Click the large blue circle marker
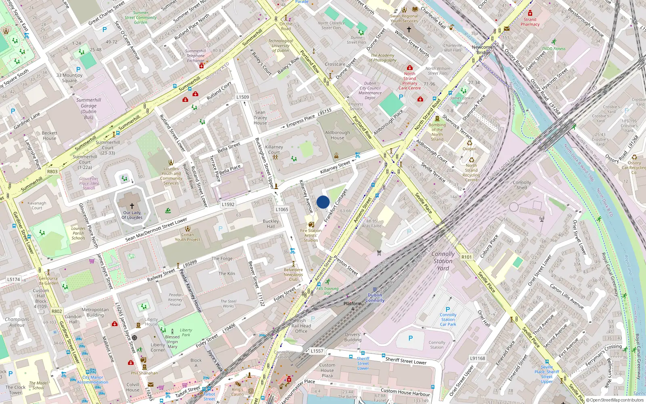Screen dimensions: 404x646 point(323,202)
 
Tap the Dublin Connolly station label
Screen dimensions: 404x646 point(375,298)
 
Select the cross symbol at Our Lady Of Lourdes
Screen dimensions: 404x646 point(132,206)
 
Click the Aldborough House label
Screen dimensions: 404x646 point(338,135)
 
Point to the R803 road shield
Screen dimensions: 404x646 point(52,171)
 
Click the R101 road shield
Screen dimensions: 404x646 point(466,257)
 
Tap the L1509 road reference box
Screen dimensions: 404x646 point(243,97)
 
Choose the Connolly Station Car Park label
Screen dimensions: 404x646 point(448,320)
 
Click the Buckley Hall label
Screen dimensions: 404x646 point(271,224)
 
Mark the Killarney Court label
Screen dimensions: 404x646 point(274,149)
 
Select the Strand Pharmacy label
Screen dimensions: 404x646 point(530,22)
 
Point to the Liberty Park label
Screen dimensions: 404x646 point(186,332)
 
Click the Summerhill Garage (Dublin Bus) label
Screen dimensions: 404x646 point(88,109)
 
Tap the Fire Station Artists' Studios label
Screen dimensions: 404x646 point(311,235)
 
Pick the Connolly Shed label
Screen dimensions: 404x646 point(522,185)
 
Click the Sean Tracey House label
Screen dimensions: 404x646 point(260,118)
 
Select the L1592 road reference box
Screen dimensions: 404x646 point(228,204)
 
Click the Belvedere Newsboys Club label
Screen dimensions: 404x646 point(293,274)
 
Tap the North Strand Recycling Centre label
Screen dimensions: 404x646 point(471,173)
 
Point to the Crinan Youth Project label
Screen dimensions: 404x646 point(187,237)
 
